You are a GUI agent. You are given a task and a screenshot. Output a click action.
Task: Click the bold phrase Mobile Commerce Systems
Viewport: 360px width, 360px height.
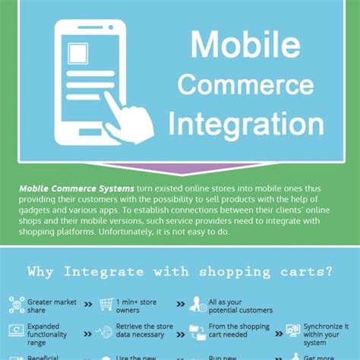pyautogui.click(x=76, y=188)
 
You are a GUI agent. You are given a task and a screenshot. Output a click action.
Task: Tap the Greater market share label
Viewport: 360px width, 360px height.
pyautogui.click(x=52, y=306)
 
